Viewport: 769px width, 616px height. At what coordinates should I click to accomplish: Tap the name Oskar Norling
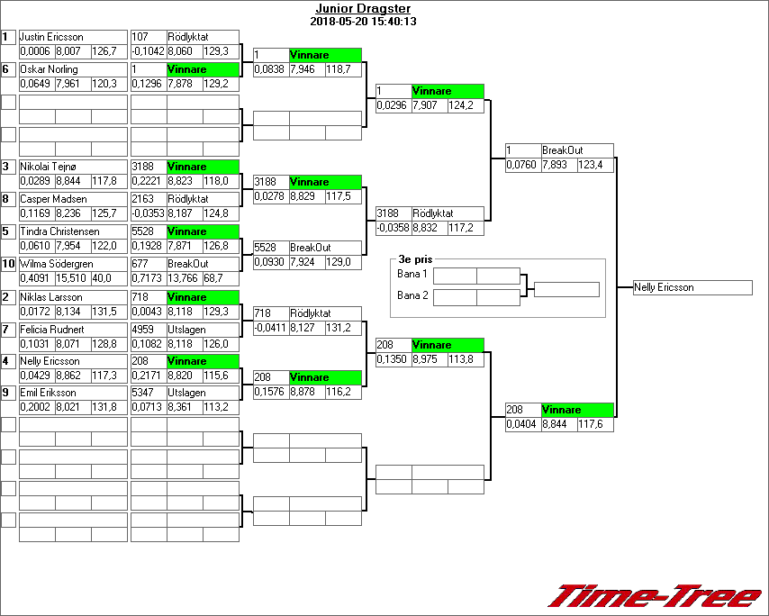coord(49,69)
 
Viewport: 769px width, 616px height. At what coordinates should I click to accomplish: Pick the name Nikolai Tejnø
coord(49,167)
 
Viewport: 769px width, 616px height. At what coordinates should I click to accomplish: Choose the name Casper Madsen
coord(50,199)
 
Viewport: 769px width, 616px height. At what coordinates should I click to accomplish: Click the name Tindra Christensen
coord(58,231)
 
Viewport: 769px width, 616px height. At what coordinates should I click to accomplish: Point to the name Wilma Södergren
coord(56,264)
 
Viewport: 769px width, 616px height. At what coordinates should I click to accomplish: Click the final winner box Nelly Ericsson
coord(692,287)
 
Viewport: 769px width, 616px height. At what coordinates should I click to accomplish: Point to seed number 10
coord(8,264)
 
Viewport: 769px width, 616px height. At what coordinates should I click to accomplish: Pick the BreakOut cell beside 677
coord(202,264)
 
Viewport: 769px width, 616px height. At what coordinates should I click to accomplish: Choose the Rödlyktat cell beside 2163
coord(202,199)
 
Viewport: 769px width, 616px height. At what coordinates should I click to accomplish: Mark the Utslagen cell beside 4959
coord(202,330)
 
